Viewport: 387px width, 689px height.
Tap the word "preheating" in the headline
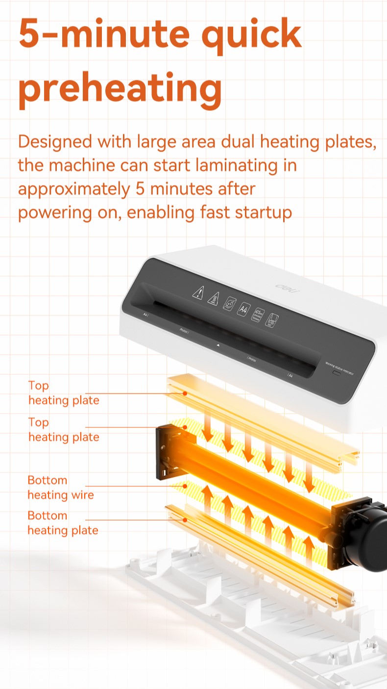tap(120, 88)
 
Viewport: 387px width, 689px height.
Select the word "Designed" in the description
tap(55, 142)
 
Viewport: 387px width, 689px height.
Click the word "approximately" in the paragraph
tap(73, 189)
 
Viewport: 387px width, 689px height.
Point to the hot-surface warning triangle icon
tap(213, 298)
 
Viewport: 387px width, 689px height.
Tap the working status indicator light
tap(337, 372)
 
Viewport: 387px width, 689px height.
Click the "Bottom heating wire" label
tap(60, 487)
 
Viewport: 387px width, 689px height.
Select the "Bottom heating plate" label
tap(63, 523)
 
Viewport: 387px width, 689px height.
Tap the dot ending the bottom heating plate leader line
tap(185, 519)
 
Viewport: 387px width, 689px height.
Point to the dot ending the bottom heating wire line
tap(185, 486)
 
